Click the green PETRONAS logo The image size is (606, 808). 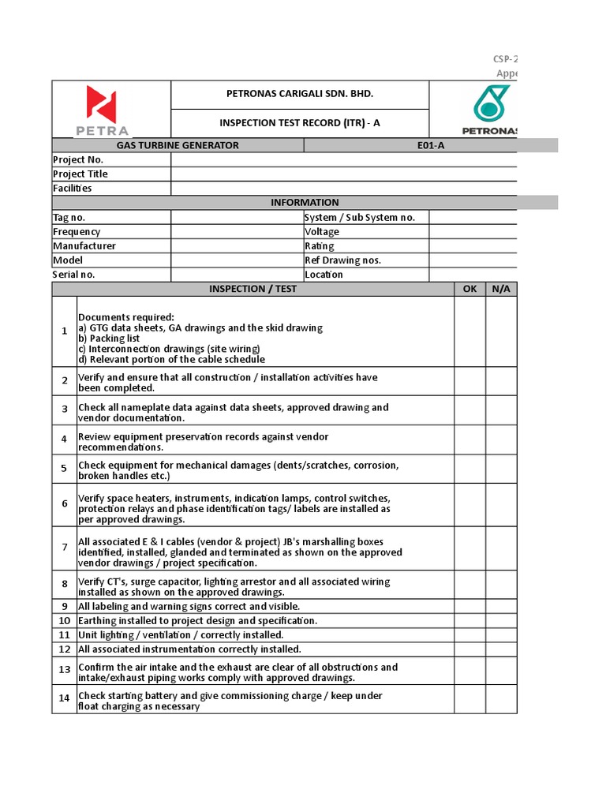(490, 110)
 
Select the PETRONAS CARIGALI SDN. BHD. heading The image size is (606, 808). (299, 94)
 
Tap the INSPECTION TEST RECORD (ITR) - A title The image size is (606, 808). (299, 122)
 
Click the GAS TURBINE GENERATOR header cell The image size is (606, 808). (178, 145)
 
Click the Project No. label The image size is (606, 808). (78, 159)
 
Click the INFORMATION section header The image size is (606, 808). (305, 202)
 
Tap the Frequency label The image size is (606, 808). (77, 232)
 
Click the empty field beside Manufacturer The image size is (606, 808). (237, 246)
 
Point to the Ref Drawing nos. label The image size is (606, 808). (342, 260)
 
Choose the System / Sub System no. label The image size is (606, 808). (360, 218)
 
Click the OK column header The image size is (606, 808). (469, 289)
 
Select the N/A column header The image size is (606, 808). (501, 289)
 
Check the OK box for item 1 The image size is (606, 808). (469, 331)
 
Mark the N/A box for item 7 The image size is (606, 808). (501, 548)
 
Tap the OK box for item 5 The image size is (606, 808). (469, 469)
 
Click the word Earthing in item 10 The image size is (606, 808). (97, 621)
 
